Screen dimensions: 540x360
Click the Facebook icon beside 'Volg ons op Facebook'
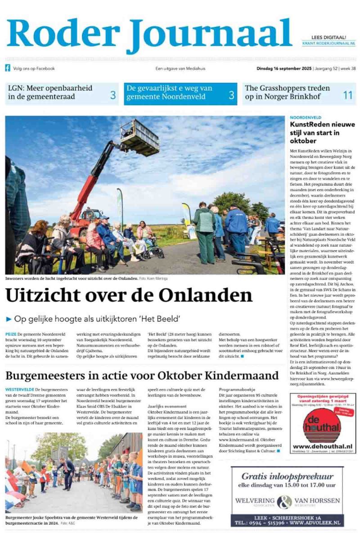[8, 68]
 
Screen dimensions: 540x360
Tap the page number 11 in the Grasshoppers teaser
[347, 95]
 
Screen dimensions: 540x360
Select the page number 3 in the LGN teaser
[113, 95]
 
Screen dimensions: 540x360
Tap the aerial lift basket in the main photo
[139, 137]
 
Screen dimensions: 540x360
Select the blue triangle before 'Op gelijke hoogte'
[9, 319]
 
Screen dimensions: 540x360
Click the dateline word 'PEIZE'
[11, 335]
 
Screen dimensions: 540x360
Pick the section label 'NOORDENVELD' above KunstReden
[306, 117]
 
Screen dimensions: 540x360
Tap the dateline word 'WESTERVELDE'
[19, 389]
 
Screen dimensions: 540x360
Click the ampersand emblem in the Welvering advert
[284, 501]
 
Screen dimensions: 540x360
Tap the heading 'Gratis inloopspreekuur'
[287, 477]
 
